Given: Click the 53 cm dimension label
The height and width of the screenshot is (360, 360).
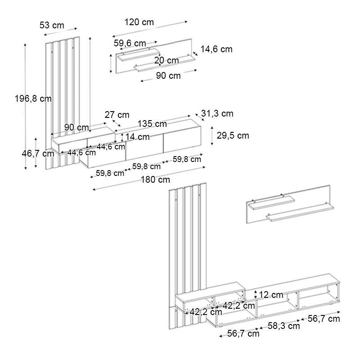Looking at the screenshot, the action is coord(52,25).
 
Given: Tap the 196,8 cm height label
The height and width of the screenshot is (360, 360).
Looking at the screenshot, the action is coord(33,99).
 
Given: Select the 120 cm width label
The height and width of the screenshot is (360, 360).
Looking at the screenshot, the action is coord(139,22).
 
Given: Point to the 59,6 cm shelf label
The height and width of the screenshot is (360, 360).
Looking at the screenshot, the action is coord(130,43).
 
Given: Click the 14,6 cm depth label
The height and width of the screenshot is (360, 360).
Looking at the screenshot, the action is coord(216,49).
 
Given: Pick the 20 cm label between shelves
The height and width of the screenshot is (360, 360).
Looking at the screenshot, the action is coord(166,60).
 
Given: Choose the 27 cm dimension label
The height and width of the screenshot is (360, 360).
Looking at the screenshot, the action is coord(117,115).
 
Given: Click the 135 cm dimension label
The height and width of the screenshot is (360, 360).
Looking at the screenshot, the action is coord(152,124).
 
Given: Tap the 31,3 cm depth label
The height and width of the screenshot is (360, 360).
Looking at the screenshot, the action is coord(217,113).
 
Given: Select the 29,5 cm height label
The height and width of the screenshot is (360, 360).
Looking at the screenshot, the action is coord(233,135).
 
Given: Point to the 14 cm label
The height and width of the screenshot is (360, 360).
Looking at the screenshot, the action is coord(138,137).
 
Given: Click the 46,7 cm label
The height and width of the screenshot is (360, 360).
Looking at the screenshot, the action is coord(38,153).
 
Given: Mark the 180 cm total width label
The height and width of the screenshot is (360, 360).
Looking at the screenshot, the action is coord(155,180).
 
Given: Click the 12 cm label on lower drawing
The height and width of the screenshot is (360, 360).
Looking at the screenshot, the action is coord(271,295).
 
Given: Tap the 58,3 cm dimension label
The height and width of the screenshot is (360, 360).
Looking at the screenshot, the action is coord(284,326).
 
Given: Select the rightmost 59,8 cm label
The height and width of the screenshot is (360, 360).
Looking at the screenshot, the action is coord(187,159).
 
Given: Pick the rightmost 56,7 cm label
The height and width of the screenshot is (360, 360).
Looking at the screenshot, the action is coord(324,319).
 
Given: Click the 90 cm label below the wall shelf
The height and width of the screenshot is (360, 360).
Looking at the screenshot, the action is coord(168,76).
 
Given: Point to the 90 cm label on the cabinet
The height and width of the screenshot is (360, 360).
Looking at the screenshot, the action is coord(76,127).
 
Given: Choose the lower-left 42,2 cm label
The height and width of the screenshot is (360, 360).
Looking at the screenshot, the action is coord(206,312).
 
